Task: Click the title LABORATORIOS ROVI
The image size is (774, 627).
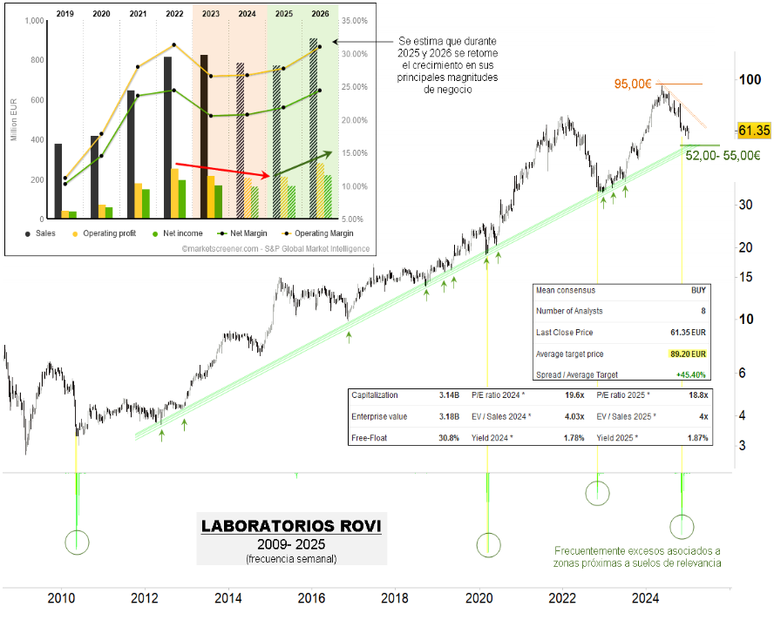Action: tap(291, 526)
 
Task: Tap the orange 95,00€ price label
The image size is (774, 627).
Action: tap(634, 84)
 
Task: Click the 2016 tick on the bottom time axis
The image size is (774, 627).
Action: tap(310, 598)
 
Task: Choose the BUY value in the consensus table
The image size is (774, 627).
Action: tap(698, 290)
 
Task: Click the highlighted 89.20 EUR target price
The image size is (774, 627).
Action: tap(688, 354)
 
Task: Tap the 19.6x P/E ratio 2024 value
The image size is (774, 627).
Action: tap(574, 394)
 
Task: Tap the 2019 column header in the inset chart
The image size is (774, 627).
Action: tap(64, 14)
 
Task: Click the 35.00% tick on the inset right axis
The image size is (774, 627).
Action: tap(354, 20)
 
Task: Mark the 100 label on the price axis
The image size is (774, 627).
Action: tap(747, 79)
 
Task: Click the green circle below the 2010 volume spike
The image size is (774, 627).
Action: tap(77, 543)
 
